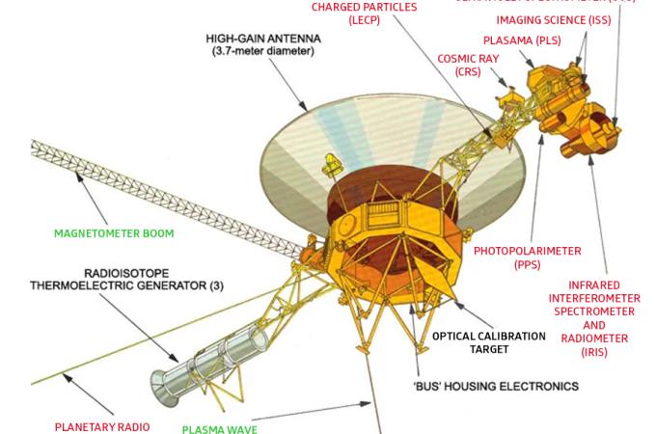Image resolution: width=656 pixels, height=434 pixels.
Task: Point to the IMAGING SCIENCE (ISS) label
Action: tap(553, 19)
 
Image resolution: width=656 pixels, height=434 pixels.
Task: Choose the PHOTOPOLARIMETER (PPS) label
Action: tap(527, 258)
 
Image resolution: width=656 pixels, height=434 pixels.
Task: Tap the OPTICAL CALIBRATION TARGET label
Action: tap(488, 342)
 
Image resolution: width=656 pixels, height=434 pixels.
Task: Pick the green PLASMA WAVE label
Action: tap(220, 428)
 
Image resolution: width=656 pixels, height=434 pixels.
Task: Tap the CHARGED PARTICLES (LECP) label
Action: tap(364, 13)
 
